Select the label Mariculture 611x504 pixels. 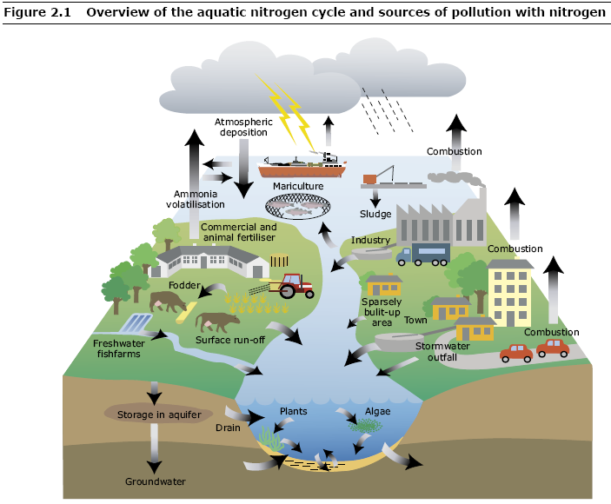pyautogui.click(x=298, y=186)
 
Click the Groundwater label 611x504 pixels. pyautogui.click(x=156, y=481)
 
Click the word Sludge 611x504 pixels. pyautogui.click(x=375, y=214)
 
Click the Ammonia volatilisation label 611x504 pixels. pyautogui.click(x=196, y=199)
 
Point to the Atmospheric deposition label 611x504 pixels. pyautogui.click(x=243, y=127)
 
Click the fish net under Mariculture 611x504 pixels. pyautogui.click(x=298, y=208)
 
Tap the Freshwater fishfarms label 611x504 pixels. pyautogui.click(x=117, y=348)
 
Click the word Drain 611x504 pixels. pyautogui.click(x=228, y=428)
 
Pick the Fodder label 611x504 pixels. pyautogui.click(x=184, y=286)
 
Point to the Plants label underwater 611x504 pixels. pyautogui.click(x=294, y=411)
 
